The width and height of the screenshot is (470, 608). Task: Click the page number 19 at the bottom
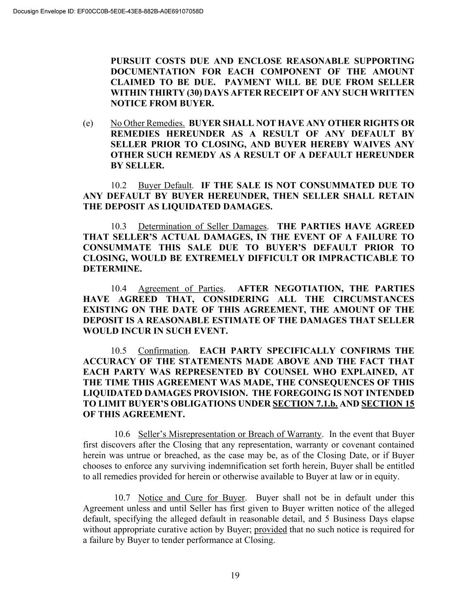coord(235,575)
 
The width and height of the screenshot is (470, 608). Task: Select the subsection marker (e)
coord(88,123)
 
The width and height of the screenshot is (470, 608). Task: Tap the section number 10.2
coord(119,185)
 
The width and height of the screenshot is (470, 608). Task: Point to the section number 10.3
coord(119,226)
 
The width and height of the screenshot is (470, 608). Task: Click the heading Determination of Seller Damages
coord(202,226)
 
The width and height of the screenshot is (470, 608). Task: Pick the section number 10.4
coord(119,289)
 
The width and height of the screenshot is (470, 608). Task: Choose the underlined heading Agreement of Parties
coord(181,289)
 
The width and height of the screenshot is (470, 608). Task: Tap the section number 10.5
coord(119,351)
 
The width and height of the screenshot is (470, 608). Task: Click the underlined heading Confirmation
coord(163,351)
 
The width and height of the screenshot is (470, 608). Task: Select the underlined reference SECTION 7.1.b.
coord(305,404)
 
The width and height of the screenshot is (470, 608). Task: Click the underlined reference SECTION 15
coord(388,404)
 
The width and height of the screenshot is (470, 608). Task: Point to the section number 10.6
coord(122,434)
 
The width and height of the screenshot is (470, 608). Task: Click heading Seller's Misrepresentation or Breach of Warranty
coord(229,434)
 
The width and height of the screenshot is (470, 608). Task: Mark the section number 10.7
coord(122,498)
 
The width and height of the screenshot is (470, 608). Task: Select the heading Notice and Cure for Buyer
coord(192,498)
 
